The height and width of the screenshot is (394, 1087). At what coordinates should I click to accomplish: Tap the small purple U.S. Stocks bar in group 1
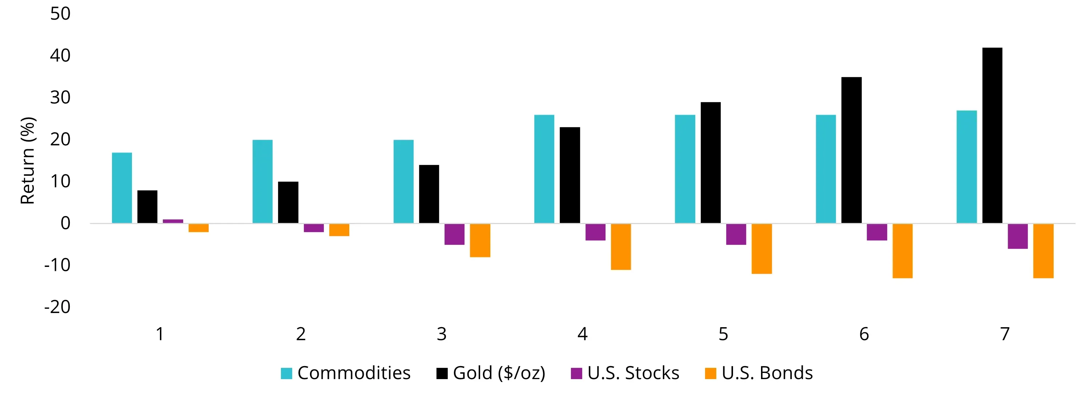[x=173, y=221]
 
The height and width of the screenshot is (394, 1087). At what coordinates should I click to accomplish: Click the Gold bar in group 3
[x=429, y=194]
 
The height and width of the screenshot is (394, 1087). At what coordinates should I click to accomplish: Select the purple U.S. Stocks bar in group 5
[x=736, y=234]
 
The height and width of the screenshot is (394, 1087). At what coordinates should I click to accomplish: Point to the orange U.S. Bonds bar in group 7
[x=1043, y=251]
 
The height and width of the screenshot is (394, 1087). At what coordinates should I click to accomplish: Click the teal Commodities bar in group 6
[x=825, y=169]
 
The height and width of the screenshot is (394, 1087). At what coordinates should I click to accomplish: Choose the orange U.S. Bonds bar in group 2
[x=339, y=230]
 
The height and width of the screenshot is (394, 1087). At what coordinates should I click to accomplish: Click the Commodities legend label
[x=354, y=373]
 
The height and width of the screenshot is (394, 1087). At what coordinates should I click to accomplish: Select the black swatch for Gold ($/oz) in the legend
[x=442, y=373]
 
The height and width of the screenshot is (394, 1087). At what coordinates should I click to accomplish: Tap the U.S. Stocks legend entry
[x=633, y=373]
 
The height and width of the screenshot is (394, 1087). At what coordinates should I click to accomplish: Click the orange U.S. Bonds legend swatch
[x=710, y=373]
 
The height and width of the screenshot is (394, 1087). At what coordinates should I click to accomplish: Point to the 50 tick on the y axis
[x=60, y=14]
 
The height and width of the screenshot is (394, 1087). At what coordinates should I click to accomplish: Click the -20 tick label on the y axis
[x=57, y=307]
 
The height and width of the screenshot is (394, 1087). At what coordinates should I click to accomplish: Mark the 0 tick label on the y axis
[x=65, y=223]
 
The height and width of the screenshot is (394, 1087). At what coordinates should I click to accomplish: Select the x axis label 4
[x=582, y=334]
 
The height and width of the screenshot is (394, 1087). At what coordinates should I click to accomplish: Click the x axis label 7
[x=1005, y=334]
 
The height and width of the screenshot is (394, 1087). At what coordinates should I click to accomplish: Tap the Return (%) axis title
[x=28, y=160]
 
